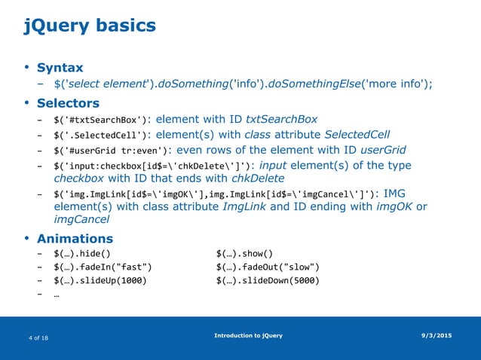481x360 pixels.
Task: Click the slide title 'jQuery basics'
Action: click(90, 26)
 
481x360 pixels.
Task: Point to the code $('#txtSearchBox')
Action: click(100, 120)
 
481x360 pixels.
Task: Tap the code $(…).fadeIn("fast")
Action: click(103, 267)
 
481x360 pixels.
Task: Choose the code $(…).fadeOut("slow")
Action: click(267, 267)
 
